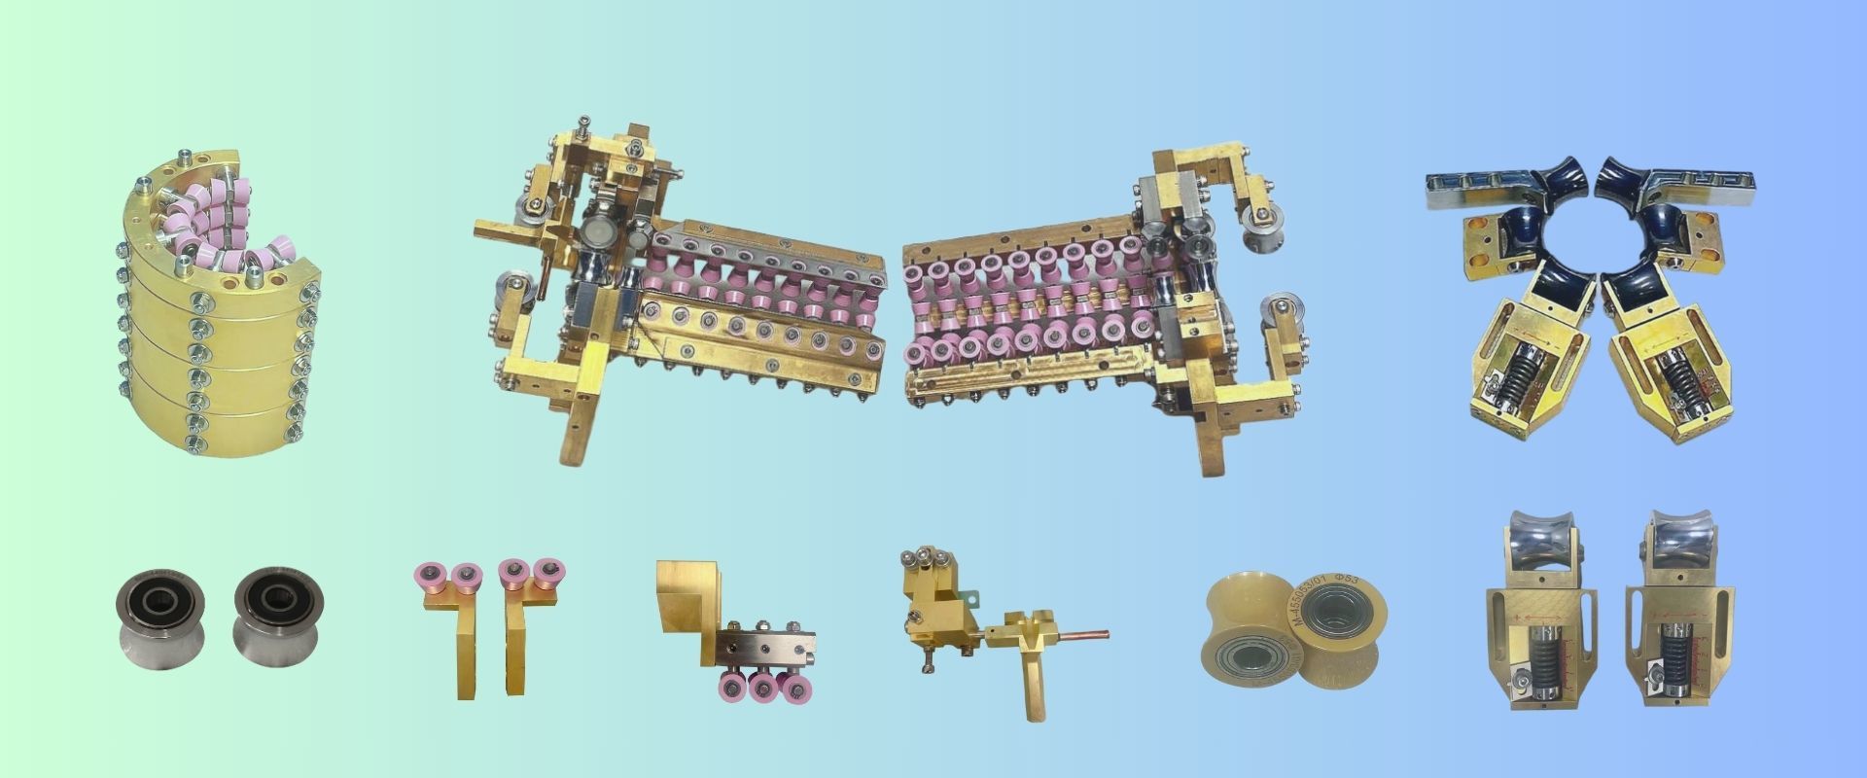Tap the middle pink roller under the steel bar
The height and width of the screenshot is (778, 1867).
(x=763, y=688)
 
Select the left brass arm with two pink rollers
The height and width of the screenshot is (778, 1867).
(x=449, y=622)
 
